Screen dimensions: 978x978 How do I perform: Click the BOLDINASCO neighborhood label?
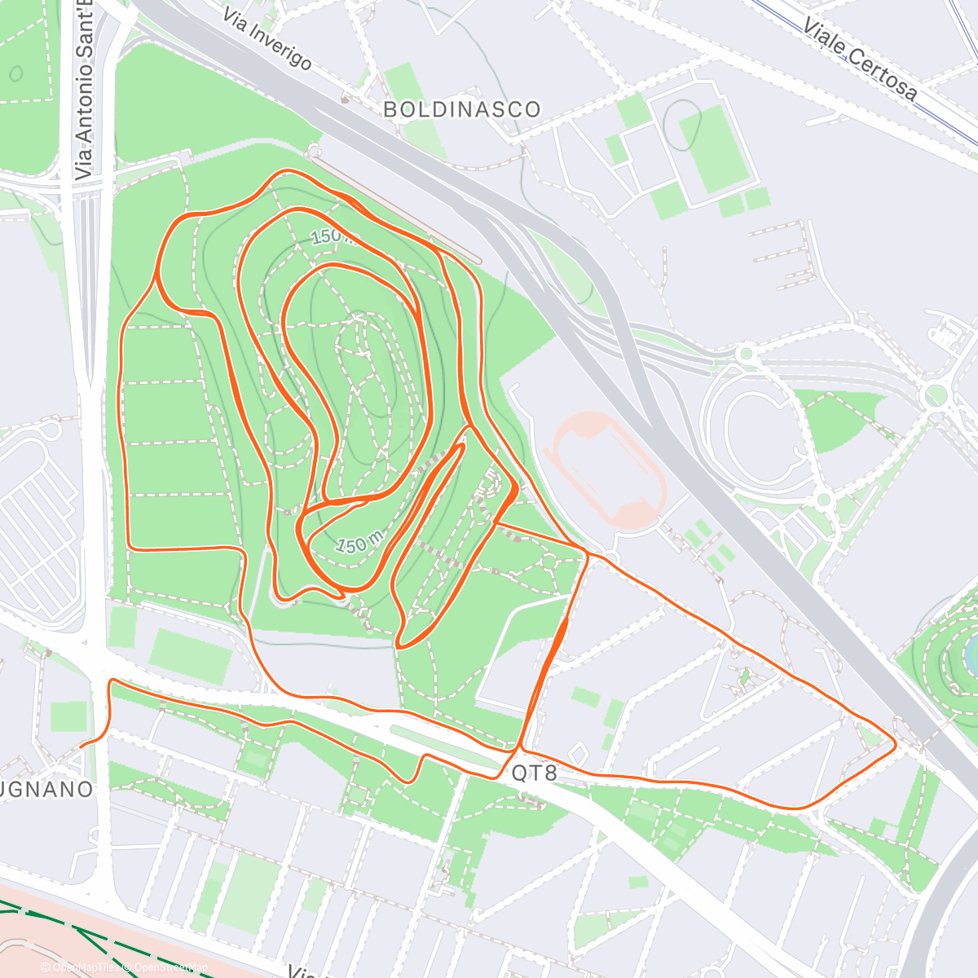click(461, 109)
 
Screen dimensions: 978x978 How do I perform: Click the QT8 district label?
click(535, 773)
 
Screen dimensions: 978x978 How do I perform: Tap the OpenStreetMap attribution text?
click(168, 967)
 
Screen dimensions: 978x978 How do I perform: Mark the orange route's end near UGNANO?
click(81, 745)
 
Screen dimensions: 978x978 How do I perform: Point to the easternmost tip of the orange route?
click(896, 743)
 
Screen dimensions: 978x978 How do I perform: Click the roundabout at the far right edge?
click(935, 396)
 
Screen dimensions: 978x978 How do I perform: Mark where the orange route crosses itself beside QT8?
click(520, 747)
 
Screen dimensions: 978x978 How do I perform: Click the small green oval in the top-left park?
click(16, 73)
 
